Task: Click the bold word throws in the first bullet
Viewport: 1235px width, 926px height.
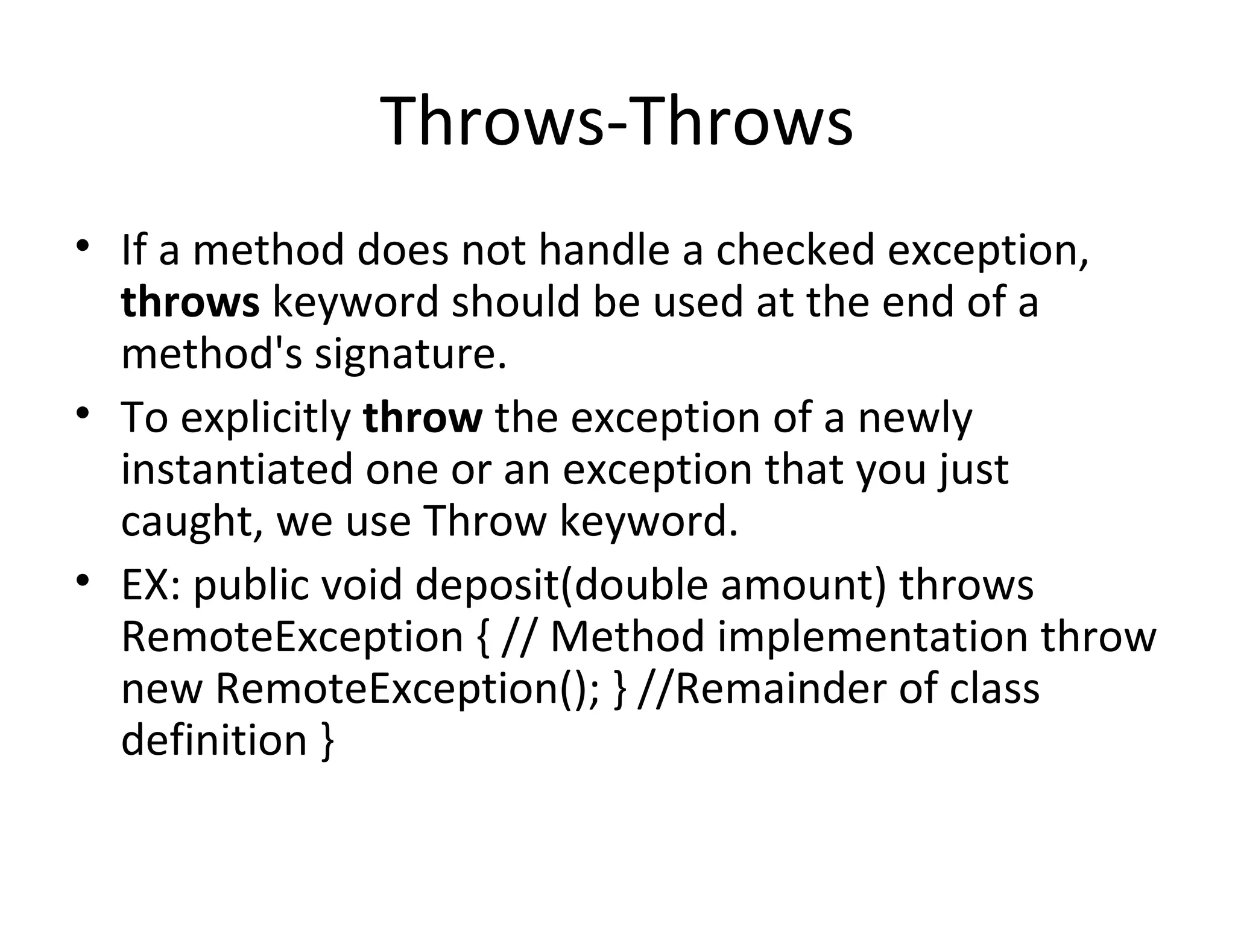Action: point(190,303)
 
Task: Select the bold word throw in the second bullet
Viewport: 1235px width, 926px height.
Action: point(423,417)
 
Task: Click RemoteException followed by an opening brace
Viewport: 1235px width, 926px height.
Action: point(292,637)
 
